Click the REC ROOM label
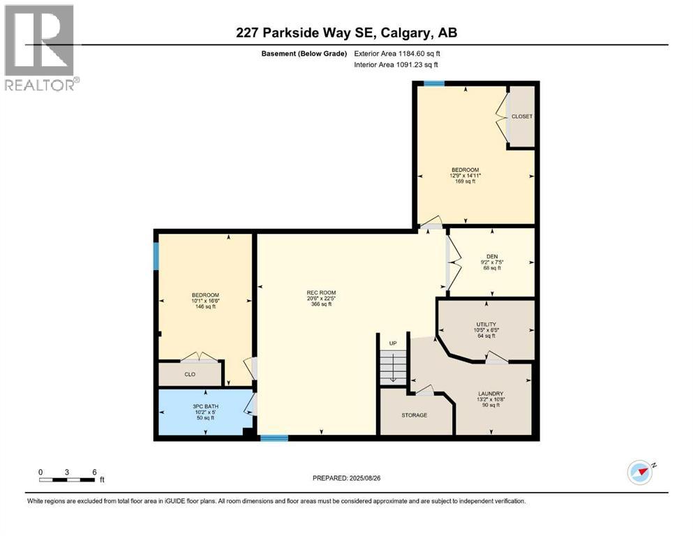click(321, 292)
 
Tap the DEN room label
click(492, 256)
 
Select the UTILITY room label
click(486, 325)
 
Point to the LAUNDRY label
click(491, 394)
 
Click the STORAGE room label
click(414, 415)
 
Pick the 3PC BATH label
click(205, 406)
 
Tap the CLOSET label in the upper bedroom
click(522, 117)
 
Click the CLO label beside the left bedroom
click(190, 374)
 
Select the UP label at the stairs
click(393, 343)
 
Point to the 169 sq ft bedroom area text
click(465, 181)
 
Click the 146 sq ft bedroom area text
click(205, 306)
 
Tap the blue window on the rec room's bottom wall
click(274, 438)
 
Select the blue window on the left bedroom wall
click(156, 256)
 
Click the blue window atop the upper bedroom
click(434, 83)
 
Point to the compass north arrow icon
click(641, 472)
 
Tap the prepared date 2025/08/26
click(364, 478)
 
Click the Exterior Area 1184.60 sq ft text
click(397, 54)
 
